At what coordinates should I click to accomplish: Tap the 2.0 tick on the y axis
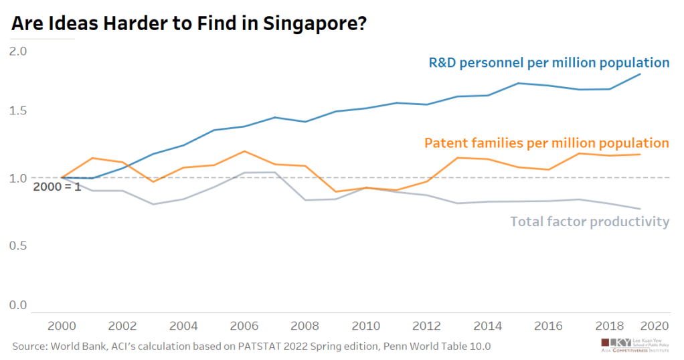point(17,51)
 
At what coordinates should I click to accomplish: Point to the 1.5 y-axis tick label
point(17,110)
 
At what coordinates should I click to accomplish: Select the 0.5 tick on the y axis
point(17,246)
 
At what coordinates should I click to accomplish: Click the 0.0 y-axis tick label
point(17,306)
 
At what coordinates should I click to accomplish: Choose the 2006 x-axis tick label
point(244,326)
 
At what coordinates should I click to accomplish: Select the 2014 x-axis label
point(489,326)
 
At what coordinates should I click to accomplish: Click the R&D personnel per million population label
point(549,63)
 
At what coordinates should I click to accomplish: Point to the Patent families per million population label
point(546,143)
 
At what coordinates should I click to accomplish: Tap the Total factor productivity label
point(590,221)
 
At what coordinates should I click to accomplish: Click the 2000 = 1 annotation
point(57,187)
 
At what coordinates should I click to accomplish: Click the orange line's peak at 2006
point(244,151)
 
